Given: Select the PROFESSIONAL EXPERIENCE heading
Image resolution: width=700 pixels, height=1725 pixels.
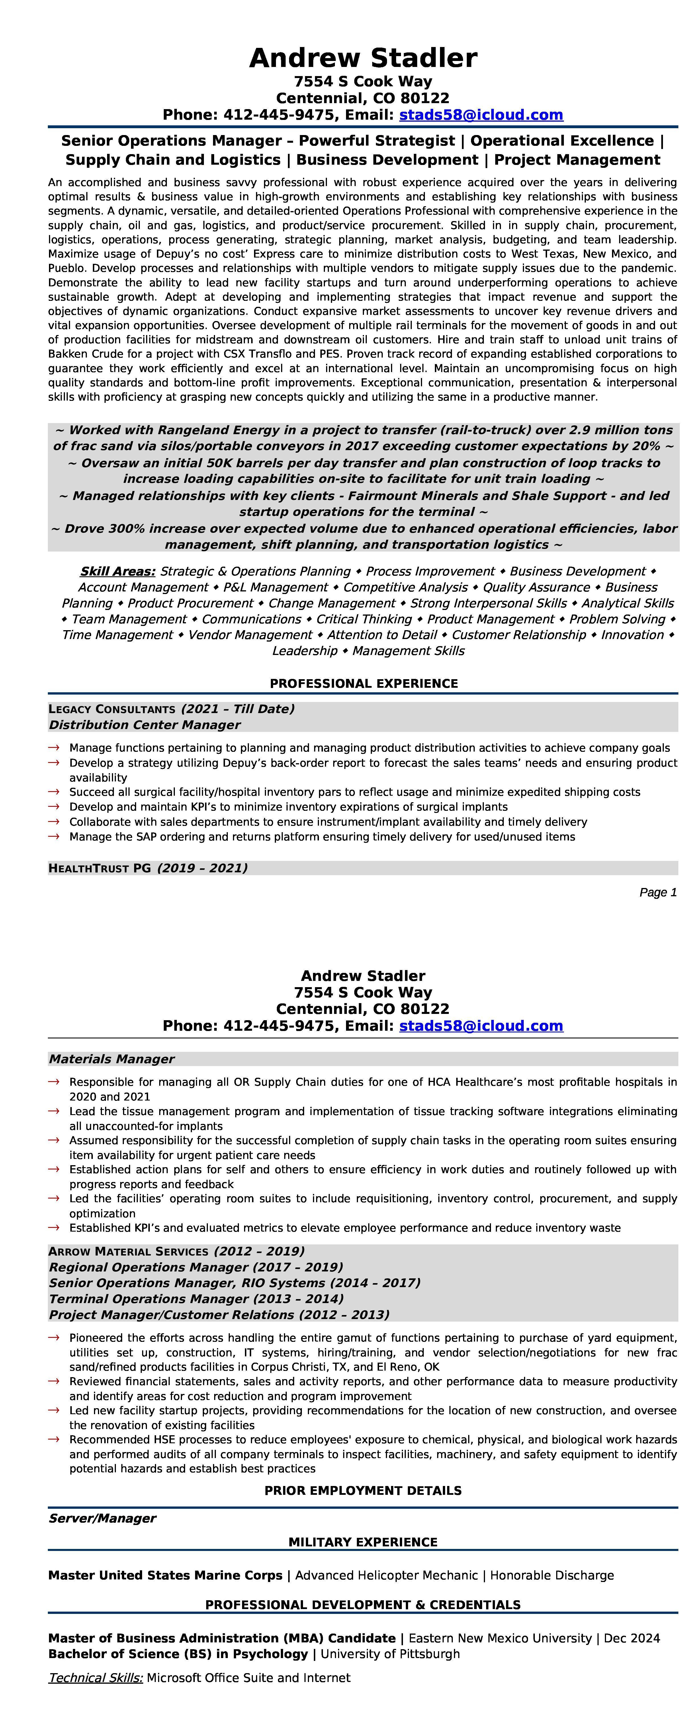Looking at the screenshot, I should coord(363,684).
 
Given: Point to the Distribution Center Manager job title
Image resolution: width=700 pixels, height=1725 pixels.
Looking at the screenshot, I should coord(145,724).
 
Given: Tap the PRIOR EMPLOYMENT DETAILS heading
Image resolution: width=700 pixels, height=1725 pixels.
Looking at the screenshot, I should coord(363,1491).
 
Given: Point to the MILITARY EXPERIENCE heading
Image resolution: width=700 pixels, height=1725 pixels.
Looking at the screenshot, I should coord(363,1542).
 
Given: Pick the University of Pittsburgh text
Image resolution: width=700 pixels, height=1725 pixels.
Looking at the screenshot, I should coord(390,1654).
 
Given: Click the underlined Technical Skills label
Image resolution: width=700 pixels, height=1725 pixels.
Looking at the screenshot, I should coord(96,1677).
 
